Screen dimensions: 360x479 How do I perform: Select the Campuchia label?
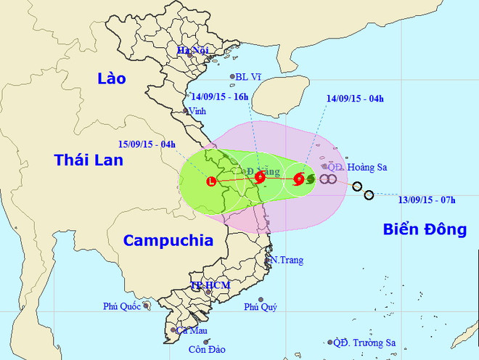click(168, 240)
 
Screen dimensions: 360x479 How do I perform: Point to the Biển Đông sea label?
click(424, 229)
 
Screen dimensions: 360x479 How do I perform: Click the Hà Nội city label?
click(194, 49)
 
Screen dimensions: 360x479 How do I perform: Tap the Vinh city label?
click(197, 112)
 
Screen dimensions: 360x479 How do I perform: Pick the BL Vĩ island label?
click(252, 76)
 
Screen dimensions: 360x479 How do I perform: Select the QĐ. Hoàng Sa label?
click(357, 167)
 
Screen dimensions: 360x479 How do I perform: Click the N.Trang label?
click(287, 260)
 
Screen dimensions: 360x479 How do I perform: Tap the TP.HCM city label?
click(210, 285)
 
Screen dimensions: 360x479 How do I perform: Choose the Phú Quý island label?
click(261, 307)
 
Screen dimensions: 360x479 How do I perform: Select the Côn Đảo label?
click(205, 350)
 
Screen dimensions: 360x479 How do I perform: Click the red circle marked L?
click(212, 181)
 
